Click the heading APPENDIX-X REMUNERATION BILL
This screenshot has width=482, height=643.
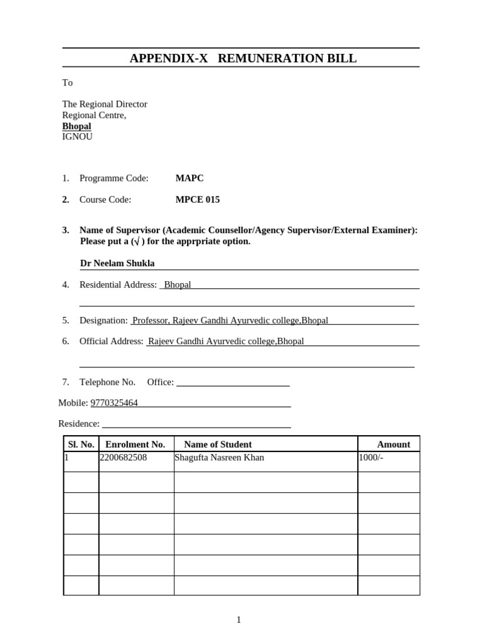tap(242, 58)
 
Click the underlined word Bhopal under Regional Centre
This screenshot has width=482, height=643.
tap(77, 126)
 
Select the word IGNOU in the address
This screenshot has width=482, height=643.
tap(77, 136)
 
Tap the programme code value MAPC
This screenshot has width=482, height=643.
tap(190, 178)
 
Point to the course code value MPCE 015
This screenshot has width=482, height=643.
tap(198, 200)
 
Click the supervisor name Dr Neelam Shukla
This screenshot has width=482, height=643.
tap(117, 263)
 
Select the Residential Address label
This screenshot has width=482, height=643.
tap(118, 285)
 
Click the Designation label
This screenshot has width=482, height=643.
tap(104, 320)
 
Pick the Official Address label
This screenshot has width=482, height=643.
tap(112, 342)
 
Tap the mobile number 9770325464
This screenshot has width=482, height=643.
tap(114, 403)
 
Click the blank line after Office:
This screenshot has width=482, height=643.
tap(233, 382)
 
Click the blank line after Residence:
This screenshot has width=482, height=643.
tap(196, 424)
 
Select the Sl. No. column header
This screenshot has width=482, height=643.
tap(81, 445)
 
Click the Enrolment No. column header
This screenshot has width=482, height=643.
tap(136, 445)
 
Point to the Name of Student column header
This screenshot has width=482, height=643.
tap(218, 445)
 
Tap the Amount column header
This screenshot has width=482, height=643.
tap(394, 445)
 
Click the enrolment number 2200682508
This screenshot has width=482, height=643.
tap(124, 458)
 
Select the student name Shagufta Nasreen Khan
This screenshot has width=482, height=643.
tap(220, 458)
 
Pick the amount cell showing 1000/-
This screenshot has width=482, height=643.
tap(371, 458)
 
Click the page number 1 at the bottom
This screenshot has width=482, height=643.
tap(238, 620)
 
